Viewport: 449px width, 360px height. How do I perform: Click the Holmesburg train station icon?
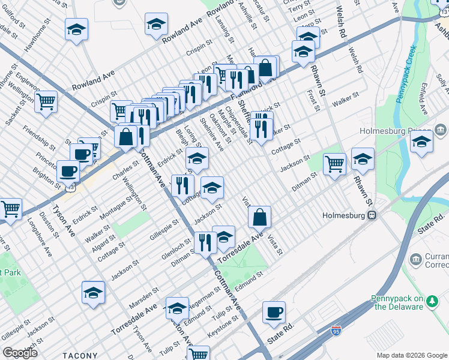[x=372, y=215]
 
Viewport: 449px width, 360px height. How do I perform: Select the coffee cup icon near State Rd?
[x=274, y=313]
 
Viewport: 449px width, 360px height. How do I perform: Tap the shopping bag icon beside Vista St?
[x=259, y=217]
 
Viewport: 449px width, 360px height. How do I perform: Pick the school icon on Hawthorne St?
[x=77, y=29]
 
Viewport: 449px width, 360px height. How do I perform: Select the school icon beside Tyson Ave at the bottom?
[x=93, y=293]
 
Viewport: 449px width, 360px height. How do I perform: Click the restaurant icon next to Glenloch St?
[x=205, y=242]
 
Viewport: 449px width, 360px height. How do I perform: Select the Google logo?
[x=19, y=353]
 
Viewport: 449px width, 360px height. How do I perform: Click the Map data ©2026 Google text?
[x=411, y=355]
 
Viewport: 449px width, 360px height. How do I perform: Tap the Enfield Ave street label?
[x=423, y=102]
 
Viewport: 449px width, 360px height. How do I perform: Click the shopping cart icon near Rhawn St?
[x=334, y=163]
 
